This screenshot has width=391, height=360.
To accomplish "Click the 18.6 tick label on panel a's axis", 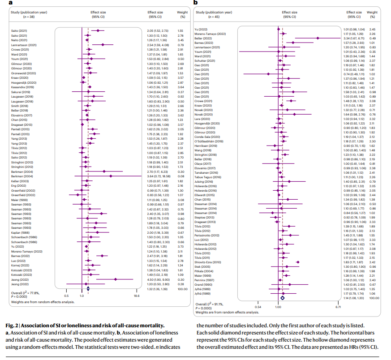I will point(137,296).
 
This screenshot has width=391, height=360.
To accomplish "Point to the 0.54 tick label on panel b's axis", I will point(258,307).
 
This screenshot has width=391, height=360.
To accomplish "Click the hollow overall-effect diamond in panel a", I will point(88,289).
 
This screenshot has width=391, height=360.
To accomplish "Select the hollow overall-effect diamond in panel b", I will point(282,297).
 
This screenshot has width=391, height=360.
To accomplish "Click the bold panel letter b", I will point(195,3).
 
